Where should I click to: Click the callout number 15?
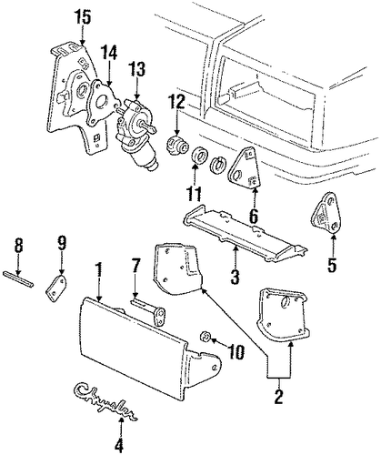pos(83,17)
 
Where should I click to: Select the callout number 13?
pos(136,69)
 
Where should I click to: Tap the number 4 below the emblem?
pos(120,446)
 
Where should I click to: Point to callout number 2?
pos(278,397)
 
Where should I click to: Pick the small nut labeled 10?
pos(206,337)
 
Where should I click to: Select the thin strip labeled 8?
pos(18,278)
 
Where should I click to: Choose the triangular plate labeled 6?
pos(244,167)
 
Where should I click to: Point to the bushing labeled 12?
pos(177,145)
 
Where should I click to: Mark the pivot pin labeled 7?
pos(150,311)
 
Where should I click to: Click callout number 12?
pos(176,104)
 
